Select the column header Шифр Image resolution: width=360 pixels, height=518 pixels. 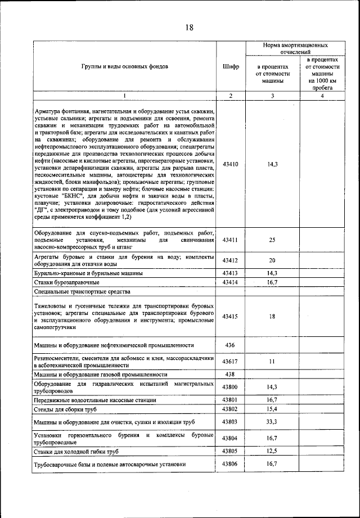[x=230, y=66]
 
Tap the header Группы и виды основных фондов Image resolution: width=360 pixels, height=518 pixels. [x=124, y=66]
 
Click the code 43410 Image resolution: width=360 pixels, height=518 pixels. [x=230, y=164]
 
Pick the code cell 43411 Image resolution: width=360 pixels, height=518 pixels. [x=230, y=240]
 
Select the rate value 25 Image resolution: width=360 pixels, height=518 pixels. [x=272, y=240]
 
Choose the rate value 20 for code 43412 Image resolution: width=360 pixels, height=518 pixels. [x=272, y=260]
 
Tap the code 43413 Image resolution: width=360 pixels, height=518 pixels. [x=230, y=273]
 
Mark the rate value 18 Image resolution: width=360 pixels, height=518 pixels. [x=272, y=317]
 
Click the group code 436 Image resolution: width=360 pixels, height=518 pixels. [x=230, y=345]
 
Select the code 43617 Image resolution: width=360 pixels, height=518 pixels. [x=230, y=362]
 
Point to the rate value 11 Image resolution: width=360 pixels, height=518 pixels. [x=272, y=362]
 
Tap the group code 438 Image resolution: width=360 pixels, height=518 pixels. [x=230, y=375]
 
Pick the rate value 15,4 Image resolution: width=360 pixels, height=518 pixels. [x=272, y=409]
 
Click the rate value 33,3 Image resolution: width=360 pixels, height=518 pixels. [x=272, y=422]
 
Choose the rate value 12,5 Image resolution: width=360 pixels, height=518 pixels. [x=272, y=451]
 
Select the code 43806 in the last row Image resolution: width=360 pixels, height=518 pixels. [x=230, y=464]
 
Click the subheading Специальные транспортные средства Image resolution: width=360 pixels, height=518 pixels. [x=82, y=292]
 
